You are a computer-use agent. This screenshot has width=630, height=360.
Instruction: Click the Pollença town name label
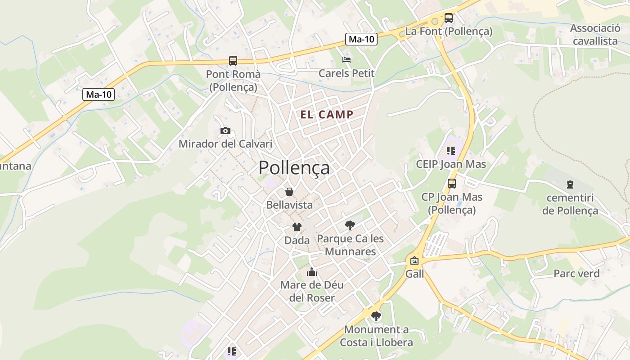[x=294, y=168]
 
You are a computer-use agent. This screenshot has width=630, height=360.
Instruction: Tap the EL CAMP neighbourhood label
[x=327, y=115]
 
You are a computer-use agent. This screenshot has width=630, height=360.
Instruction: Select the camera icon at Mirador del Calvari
[x=225, y=131]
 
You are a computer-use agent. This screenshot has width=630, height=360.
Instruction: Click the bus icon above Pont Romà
[x=233, y=61]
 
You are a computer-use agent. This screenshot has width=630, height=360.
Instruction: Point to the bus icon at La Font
[x=449, y=18]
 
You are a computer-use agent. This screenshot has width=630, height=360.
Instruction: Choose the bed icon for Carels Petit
[x=346, y=59]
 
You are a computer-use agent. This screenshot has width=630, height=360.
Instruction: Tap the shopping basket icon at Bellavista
[x=289, y=192]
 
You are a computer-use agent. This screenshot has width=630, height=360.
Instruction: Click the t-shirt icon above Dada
[x=297, y=227]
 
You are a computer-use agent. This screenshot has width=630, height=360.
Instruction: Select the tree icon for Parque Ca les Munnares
[x=350, y=225]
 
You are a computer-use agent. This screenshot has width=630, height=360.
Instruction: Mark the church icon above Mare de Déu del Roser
[x=311, y=272]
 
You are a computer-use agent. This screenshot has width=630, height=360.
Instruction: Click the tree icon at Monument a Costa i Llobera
[x=376, y=316]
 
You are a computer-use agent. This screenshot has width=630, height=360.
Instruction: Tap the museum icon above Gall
[x=414, y=261]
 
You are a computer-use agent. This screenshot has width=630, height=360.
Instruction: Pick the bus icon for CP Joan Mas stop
[x=451, y=184]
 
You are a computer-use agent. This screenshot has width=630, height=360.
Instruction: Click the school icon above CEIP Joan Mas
[x=451, y=151]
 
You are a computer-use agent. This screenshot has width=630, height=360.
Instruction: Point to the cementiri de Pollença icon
[x=570, y=184]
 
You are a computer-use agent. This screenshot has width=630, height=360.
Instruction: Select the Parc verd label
[x=576, y=274]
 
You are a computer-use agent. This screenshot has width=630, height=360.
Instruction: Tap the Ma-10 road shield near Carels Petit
[x=361, y=39]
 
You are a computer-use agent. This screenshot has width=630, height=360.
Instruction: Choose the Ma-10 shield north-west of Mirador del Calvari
[x=99, y=94]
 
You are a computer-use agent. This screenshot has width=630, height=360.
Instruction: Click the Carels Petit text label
[x=346, y=73]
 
